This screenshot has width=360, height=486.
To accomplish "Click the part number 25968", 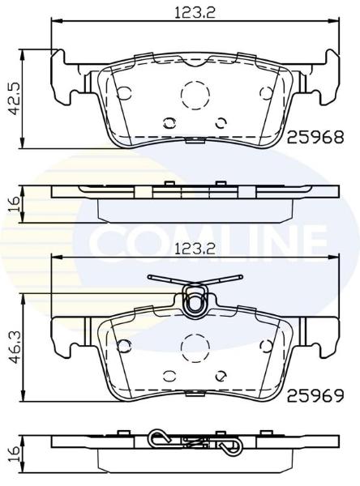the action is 315,138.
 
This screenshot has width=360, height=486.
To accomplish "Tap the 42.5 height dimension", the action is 13,99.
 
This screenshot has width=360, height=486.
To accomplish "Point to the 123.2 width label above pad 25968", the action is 195,13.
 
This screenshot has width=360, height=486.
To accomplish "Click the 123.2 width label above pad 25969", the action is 195,249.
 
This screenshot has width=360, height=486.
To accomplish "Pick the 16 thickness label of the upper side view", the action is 15,204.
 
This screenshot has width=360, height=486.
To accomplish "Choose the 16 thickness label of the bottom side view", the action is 15,454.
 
